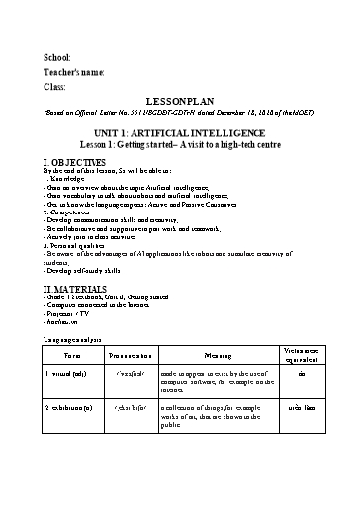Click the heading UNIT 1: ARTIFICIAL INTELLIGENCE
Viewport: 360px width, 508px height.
tap(179, 132)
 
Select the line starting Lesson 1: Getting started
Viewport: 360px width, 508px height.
tap(179, 144)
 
